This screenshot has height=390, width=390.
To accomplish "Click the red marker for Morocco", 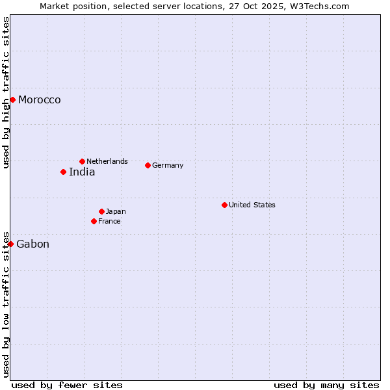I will click(12, 99).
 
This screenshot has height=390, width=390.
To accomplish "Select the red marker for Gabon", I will click(10, 244).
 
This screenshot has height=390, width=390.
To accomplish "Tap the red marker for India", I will click(63, 172).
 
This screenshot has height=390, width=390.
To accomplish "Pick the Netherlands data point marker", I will click(82, 161).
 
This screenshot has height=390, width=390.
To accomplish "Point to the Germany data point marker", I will click(148, 165).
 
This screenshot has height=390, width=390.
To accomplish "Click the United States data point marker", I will click(224, 205).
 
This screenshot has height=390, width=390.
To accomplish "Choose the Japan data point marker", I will click(101, 211).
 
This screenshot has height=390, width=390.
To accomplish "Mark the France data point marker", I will click(94, 221).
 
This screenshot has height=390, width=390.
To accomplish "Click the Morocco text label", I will click(40, 100).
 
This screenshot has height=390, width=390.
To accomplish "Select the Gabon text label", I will click(33, 244).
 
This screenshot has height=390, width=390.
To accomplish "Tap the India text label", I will click(82, 172).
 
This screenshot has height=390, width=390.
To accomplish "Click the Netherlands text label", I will click(107, 161).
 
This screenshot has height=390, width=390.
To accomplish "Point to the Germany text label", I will click(168, 165).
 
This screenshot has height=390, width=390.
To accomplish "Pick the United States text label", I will click(252, 205).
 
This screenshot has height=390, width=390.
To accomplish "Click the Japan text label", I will click(116, 211).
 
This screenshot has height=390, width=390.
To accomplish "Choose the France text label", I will click(109, 221).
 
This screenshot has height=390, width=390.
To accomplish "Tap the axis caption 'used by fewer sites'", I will click(67, 385).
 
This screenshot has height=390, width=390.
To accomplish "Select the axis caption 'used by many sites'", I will click(326, 385).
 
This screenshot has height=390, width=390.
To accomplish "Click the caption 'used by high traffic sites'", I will click(6, 92).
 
